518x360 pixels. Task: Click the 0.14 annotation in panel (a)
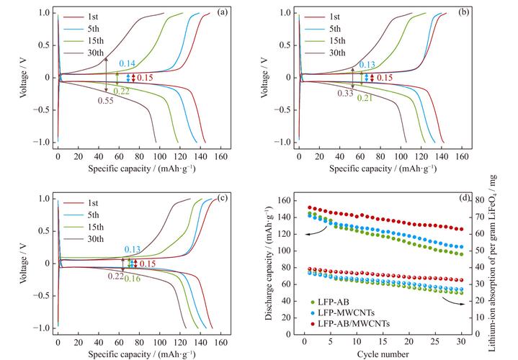[x=127, y=65]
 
